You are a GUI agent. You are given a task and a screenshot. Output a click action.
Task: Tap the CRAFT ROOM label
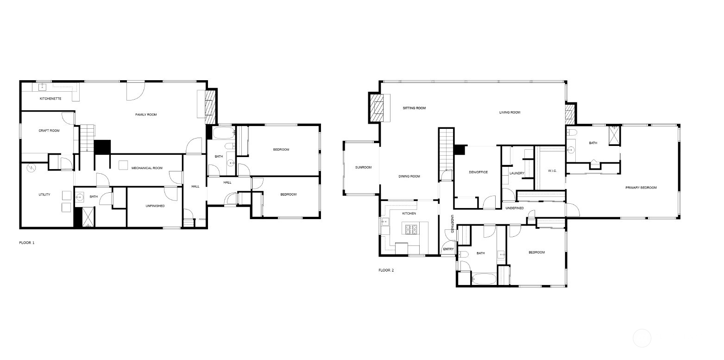(49, 131)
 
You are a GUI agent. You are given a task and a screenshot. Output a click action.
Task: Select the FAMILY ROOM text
(146, 114)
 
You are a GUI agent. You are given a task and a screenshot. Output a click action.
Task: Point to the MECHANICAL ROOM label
(147, 168)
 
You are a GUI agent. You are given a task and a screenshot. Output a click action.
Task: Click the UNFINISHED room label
(155, 206)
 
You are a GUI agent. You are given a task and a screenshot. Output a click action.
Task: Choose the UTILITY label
(44, 195)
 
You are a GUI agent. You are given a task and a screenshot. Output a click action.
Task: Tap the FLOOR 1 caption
(27, 243)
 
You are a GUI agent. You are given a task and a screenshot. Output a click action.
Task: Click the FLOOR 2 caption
(386, 270)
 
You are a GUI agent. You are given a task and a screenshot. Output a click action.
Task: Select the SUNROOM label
(364, 167)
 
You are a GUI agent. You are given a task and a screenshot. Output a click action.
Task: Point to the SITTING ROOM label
(414, 108)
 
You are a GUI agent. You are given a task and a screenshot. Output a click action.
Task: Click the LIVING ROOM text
(510, 112)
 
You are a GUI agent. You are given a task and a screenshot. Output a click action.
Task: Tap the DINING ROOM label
(409, 176)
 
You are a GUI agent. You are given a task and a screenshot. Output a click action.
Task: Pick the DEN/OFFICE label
(478, 172)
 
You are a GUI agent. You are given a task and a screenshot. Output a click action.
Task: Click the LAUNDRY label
(516, 173)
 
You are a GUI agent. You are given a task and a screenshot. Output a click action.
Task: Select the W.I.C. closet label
(552, 171)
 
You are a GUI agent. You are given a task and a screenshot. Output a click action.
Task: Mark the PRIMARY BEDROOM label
(641, 188)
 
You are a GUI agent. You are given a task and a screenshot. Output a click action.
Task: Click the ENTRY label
(448, 249)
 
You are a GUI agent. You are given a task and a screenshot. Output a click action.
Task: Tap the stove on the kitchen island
(411, 228)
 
